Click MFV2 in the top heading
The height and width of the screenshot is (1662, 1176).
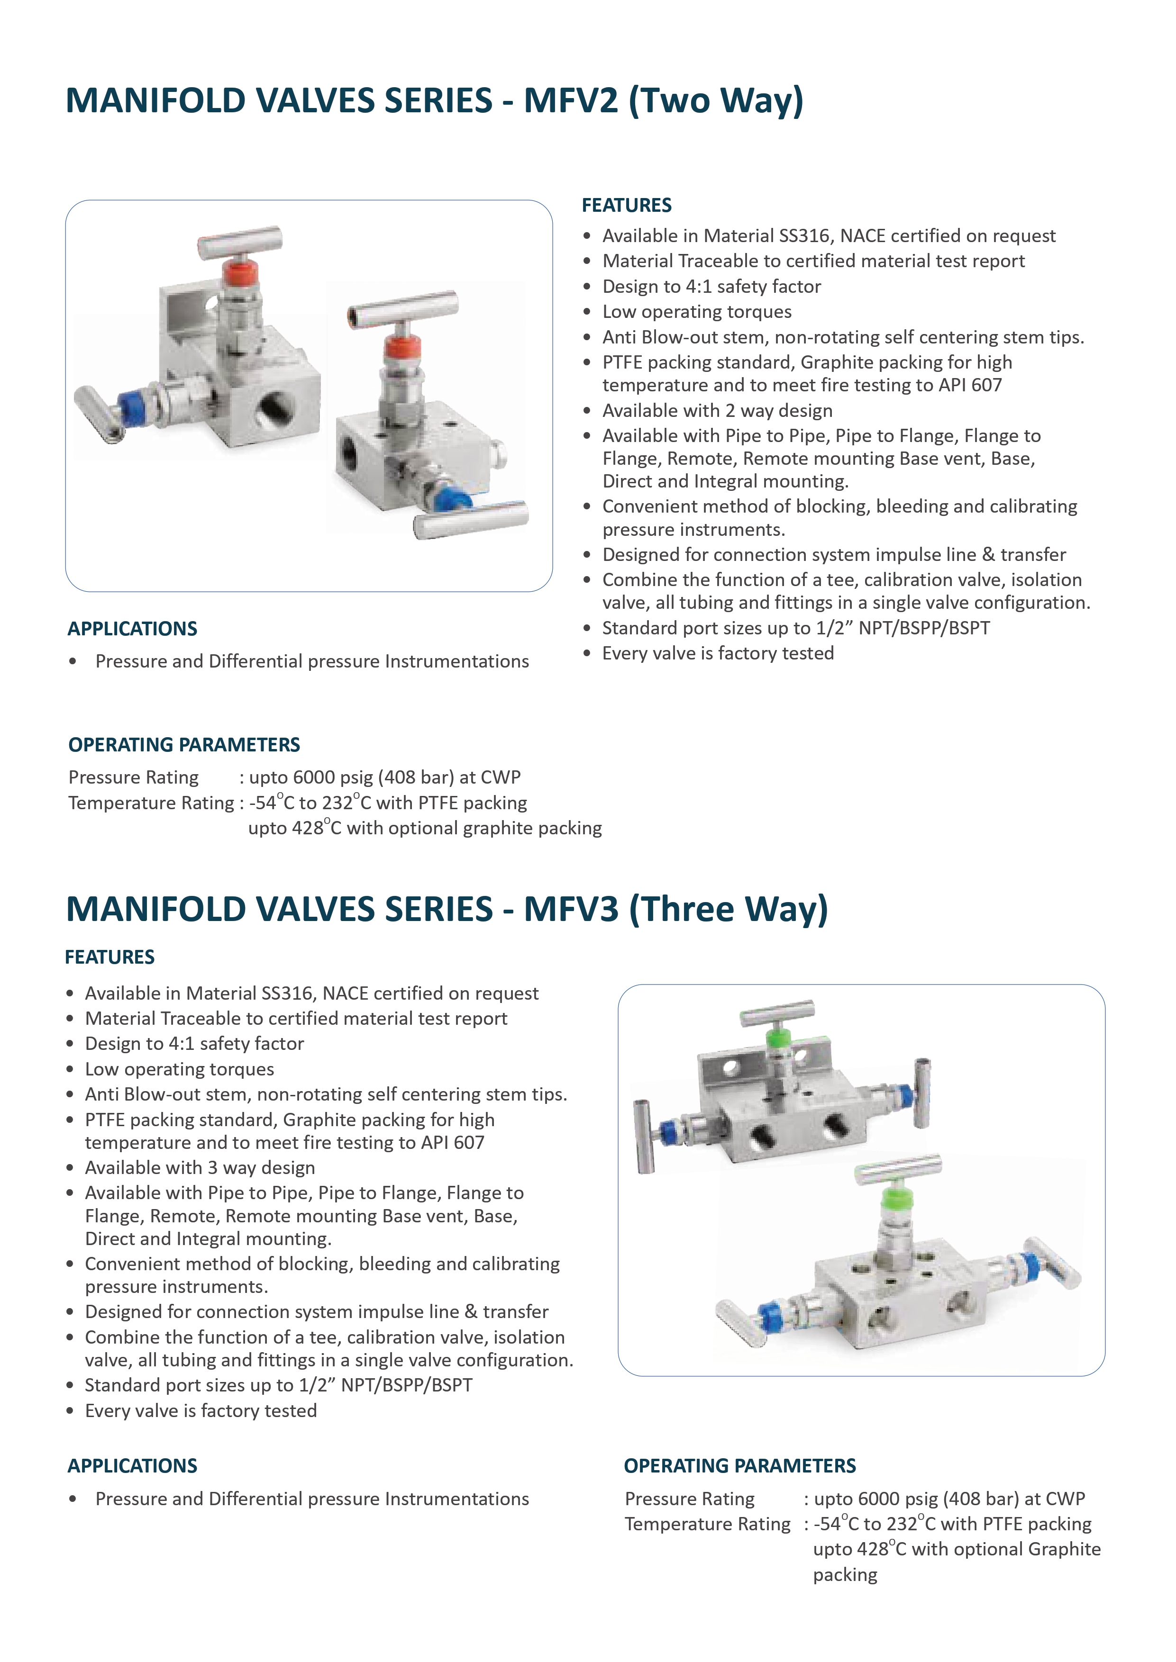571,100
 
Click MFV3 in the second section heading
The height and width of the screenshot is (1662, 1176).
571,909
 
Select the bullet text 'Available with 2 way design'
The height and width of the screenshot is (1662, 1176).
717,410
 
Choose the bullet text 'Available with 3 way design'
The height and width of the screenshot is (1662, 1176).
200,1167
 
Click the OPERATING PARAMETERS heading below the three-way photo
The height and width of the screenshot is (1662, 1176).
739,1466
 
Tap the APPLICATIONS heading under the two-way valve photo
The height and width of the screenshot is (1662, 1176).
133,628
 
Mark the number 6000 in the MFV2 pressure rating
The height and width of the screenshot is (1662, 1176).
313,777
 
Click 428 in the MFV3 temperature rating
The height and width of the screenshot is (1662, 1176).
873,1549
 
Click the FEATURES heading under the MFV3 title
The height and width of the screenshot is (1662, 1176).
110,957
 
